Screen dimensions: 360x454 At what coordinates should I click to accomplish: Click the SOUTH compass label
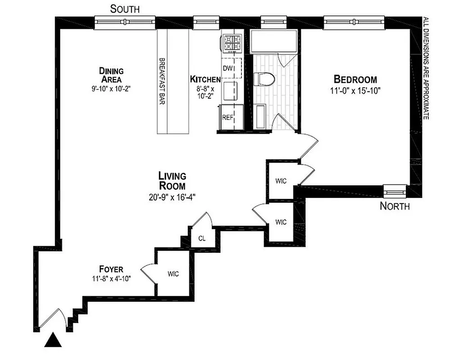tap(125, 9)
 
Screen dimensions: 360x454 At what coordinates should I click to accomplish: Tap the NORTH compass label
tap(395, 207)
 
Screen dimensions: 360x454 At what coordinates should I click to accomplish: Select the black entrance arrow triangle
tap(54, 340)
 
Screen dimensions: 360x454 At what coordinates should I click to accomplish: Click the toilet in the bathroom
tap(264, 79)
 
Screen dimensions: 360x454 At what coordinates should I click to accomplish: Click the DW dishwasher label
tap(227, 68)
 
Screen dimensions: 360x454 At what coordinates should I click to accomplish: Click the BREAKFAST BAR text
tap(161, 81)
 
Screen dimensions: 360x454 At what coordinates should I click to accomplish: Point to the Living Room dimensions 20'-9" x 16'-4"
tap(172, 196)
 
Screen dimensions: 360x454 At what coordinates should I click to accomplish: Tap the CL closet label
tap(202, 238)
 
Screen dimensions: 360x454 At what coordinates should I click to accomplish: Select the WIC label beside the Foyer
tap(173, 274)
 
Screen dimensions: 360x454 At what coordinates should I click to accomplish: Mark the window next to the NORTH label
tap(395, 191)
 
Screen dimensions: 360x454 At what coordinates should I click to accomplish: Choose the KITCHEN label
tap(205, 79)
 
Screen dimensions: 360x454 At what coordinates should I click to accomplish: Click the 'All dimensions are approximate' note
tap(425, 67)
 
